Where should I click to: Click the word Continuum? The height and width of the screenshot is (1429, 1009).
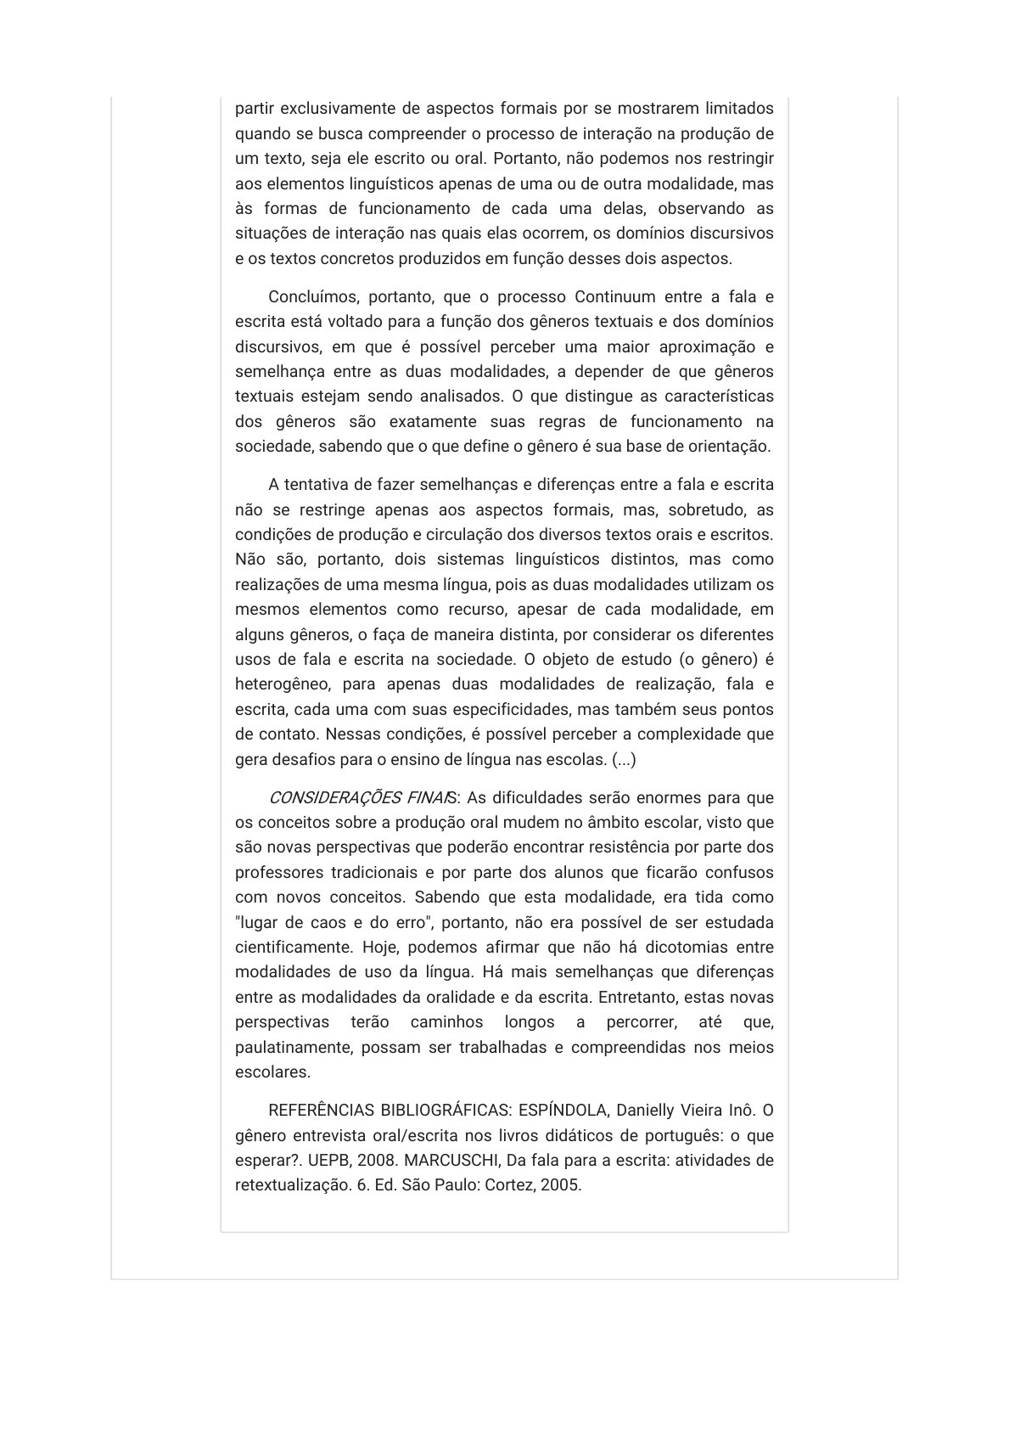pos(615,297)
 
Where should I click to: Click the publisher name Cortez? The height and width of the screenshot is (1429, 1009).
pos(509,1185)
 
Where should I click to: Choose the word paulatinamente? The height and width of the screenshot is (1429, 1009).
pos(293,1048)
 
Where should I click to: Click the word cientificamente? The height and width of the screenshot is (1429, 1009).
pos(293,948)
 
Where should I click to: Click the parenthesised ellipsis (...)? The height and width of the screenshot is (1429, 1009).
pos(624,760)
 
